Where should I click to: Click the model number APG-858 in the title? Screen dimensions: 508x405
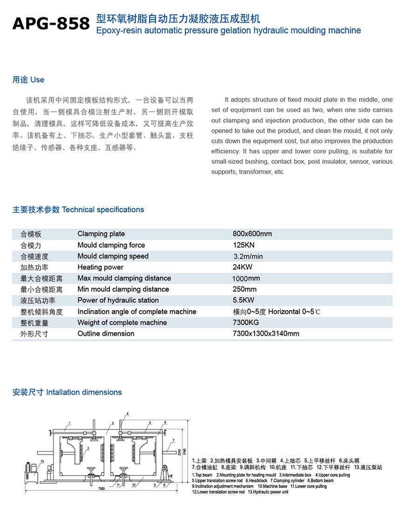tap(51, 23)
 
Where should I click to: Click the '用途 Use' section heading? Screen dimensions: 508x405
tap(28, 80)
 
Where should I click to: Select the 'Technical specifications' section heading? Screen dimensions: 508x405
tap(103, 210)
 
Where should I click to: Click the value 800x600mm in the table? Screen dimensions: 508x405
tap(252, 234)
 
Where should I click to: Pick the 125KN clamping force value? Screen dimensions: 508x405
tap(243, 245)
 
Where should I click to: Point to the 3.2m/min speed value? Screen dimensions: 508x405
tap(248, 256)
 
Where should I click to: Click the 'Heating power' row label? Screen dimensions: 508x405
tap(101, 267)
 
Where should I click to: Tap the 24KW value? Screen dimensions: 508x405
tap(243, 267)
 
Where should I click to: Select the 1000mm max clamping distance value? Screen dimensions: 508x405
tap(246, 278)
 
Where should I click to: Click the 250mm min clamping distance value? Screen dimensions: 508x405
tap(244, 289)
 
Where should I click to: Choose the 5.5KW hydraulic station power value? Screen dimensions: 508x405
tap(243, 300)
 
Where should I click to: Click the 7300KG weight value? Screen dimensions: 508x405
tap(246, 322)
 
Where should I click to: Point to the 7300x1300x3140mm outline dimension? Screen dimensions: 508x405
tap(266, 334)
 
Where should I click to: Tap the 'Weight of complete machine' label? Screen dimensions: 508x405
tap(122, 322)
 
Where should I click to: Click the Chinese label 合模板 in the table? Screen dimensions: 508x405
tap(31, 234)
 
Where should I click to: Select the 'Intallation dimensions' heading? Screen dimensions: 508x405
tap(84, 392)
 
